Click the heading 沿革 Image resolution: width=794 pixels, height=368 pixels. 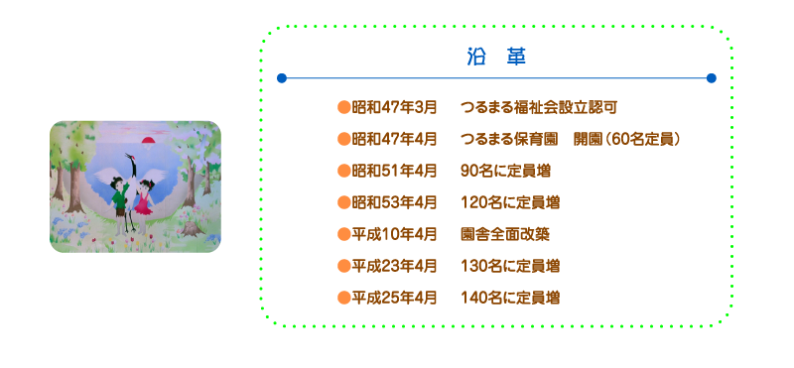(495, 57)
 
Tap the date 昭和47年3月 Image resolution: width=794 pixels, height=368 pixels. (394, 107)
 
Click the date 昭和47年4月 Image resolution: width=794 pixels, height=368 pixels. (394, 139)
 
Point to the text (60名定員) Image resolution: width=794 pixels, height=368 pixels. (644, 139)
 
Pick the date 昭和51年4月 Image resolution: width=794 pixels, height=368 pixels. (394, 171)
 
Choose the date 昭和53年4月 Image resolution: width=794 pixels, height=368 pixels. (394, 202)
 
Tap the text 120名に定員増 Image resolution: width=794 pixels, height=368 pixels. (510, 202)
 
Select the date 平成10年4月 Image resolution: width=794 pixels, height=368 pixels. (394, 234)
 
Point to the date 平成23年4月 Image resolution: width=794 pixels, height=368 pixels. (394, 266)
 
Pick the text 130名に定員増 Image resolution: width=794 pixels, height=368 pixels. (510, 266)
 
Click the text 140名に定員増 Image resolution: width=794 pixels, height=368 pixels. (510, 297)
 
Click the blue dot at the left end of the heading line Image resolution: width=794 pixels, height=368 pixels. (282, 77)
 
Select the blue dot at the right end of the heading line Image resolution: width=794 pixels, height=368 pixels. (711, 77)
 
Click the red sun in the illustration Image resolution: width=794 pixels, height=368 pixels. (151, 141)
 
